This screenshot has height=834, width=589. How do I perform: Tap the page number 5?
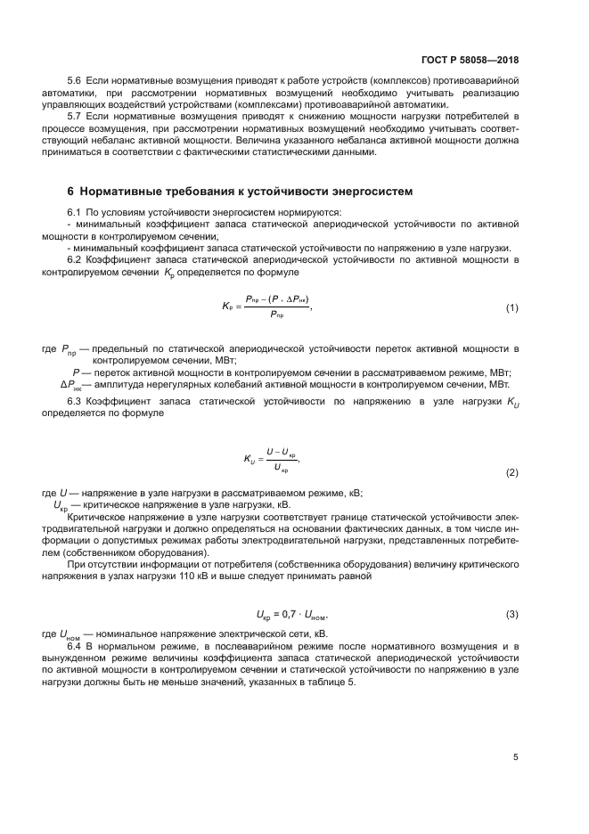point(515,757)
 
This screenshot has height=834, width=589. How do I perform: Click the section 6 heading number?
point(71,192)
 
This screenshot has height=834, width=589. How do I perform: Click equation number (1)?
point(511,308)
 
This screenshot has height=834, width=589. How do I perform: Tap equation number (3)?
point(511,615)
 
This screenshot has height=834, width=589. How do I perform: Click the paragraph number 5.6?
point(75,81)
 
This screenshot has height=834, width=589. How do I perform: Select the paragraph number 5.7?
point(75,117)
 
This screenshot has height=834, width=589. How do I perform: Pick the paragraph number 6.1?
point(75,212)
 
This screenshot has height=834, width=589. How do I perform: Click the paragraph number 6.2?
point(75,259)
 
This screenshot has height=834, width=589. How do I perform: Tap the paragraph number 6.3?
point(75,404)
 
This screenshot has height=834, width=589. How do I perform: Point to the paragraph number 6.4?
point(75,644)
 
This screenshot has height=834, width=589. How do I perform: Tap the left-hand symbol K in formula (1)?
point(226,306)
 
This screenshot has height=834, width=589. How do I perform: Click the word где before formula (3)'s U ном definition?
point(50,633)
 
